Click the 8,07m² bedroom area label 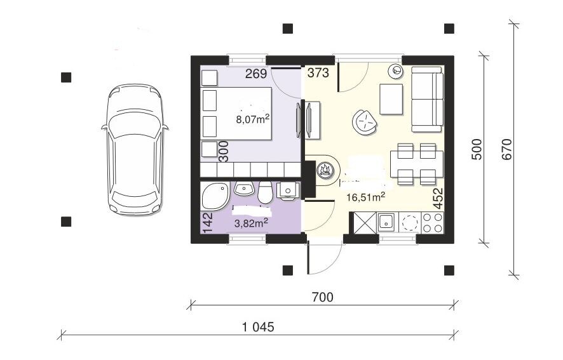pos(253,119)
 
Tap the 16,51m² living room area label pos(366,197)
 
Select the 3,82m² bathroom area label pos(251,223)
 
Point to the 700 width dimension pos(322,297)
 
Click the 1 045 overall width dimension pos(258,327)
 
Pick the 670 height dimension pos(506,149)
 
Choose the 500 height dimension pos(477,149)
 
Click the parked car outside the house pos(134,149)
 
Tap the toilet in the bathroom pos(266,192)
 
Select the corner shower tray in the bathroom pos(215,196)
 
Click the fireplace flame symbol pos(326,170)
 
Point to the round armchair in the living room pos(365,123)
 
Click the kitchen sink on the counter pos(387,222)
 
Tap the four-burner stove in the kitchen pos(433,222)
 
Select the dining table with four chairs pos(416,164)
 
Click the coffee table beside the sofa pos(391,99)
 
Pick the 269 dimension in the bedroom pos(256,74)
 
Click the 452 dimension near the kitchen pos(438,198)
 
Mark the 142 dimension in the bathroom pos(208,222)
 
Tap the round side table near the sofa pos(396,71)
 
